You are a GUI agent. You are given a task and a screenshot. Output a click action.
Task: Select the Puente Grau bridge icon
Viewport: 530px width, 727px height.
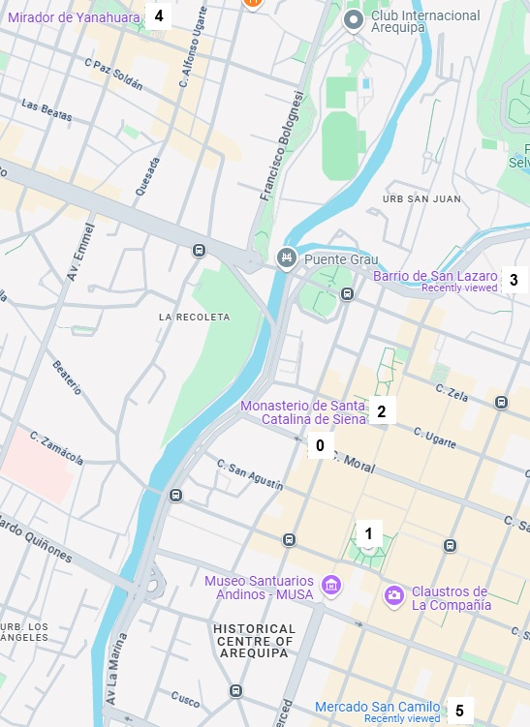pos(286,257)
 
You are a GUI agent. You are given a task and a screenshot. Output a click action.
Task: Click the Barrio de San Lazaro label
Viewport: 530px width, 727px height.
pos(435,276)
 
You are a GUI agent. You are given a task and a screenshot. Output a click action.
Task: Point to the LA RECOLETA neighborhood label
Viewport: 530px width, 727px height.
pos(194,317)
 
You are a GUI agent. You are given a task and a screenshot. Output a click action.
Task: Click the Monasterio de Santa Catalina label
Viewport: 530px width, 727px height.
pos(303,412)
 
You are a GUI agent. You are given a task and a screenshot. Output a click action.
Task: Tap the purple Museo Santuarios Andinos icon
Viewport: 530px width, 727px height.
pos(331,586)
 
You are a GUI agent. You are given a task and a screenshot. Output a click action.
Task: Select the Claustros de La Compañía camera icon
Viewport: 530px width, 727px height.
pos(393,593)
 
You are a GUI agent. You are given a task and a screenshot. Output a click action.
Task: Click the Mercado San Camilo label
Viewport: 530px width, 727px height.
pos(377,708)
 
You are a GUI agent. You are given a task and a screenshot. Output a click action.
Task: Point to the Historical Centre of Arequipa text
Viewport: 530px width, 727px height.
pos(253,641)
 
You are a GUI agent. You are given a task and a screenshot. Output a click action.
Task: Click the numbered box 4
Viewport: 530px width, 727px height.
pos(158,15)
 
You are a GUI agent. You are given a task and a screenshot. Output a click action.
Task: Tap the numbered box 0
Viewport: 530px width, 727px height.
pos(319,446)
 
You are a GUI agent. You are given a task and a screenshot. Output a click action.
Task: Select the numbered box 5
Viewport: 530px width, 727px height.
pos(459,712)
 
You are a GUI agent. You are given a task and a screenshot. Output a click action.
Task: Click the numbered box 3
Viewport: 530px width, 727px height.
pos(514,281)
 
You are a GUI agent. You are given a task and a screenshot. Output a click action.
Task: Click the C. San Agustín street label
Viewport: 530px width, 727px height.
pos(250,474)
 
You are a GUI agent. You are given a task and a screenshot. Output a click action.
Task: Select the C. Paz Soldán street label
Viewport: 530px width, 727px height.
pos(113,75)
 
